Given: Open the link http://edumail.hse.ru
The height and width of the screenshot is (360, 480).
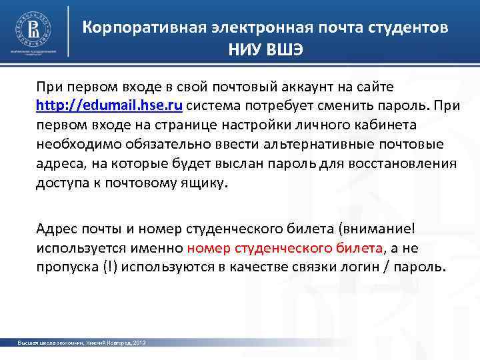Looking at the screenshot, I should point(109,105).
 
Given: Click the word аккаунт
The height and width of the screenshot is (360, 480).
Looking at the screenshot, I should point(297,87).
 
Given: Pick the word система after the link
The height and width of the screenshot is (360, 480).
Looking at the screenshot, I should point(215,105).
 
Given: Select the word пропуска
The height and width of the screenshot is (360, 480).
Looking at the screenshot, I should point(65,267).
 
